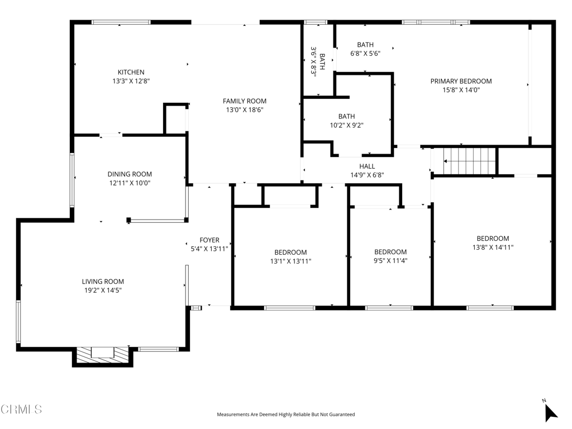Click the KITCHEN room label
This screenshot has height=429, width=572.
click(131, 72)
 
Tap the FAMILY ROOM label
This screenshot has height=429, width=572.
click(245, 101)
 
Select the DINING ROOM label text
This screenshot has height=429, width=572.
click(130, 174)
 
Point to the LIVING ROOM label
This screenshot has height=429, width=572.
click(103, 282)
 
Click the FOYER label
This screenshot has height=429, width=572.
click(209, 240)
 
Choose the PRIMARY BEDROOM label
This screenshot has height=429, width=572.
click(461, 82)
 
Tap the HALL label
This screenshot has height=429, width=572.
click(367, 166)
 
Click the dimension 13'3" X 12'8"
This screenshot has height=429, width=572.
click(131, 81)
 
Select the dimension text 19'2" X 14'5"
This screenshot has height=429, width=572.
click(103, 290)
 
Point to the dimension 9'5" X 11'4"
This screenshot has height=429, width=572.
click(390, 261)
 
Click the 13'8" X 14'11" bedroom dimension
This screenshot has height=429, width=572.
click(493, 247)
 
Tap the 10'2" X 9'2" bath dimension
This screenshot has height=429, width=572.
click(346, 126)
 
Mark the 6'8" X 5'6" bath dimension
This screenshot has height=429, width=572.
click(365, 54)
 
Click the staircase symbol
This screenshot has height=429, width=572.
click(470, 161)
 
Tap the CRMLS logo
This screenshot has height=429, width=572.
click(21, 409)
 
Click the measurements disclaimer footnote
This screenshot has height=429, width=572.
click(286, 414)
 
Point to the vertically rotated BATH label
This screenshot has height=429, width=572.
click(322, 61)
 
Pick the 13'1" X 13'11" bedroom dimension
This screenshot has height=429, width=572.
click(290, 261)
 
